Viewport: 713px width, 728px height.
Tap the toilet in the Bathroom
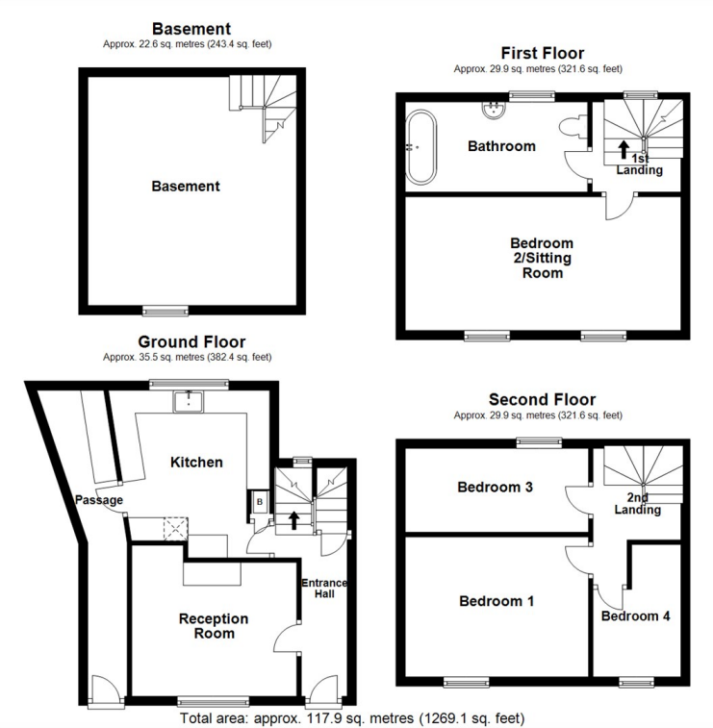[x=573, y=126]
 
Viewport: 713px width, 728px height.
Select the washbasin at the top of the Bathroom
[x=496, y=109]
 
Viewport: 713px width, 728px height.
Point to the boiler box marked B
[x=259, y=501]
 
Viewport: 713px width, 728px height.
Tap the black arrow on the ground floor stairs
[x=293, y=520]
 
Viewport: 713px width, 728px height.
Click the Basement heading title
[x=191, y=30]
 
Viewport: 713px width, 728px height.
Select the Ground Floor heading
[x=191, y=342]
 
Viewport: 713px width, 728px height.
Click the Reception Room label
[x=214, y=626]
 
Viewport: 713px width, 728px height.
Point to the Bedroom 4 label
[x=635, y=616]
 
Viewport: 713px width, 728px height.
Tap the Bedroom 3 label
[x=495, y=488]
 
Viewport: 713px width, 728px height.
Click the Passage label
[x=98, y=500]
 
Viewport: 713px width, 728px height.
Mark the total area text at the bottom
[x=352, y=718]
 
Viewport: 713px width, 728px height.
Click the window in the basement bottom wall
[x=163, y=311]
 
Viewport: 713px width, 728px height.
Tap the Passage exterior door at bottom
[x=103, y=690]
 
